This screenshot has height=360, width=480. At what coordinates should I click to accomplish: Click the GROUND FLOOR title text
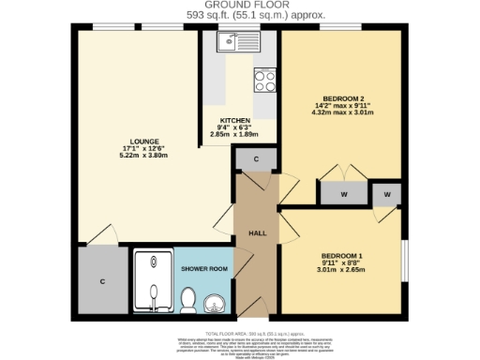coord(239,6)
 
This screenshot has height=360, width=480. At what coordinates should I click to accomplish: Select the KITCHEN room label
coord(235,121)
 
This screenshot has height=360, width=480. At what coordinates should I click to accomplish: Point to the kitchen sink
coord(229,41)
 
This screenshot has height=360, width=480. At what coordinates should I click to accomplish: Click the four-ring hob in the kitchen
coord(264,82)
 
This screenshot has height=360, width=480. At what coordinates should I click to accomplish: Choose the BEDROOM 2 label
coord(341,97)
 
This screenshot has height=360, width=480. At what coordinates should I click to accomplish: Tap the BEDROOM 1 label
coord(340,256)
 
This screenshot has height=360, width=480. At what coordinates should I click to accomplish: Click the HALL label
coord(257,232)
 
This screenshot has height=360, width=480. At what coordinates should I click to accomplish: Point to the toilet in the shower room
coord(187,301)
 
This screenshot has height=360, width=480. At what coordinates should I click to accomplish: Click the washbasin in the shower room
coord(215,304)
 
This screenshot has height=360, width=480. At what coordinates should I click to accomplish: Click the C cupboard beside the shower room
coord(101,280)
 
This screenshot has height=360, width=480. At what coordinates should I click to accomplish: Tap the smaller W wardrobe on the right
coord(385,193)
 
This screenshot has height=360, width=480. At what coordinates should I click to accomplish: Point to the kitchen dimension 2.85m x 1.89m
coord(235,136)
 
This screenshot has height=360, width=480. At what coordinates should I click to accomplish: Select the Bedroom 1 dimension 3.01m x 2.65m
coord(340,271)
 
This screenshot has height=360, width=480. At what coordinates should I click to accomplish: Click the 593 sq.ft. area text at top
coord(239,16)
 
